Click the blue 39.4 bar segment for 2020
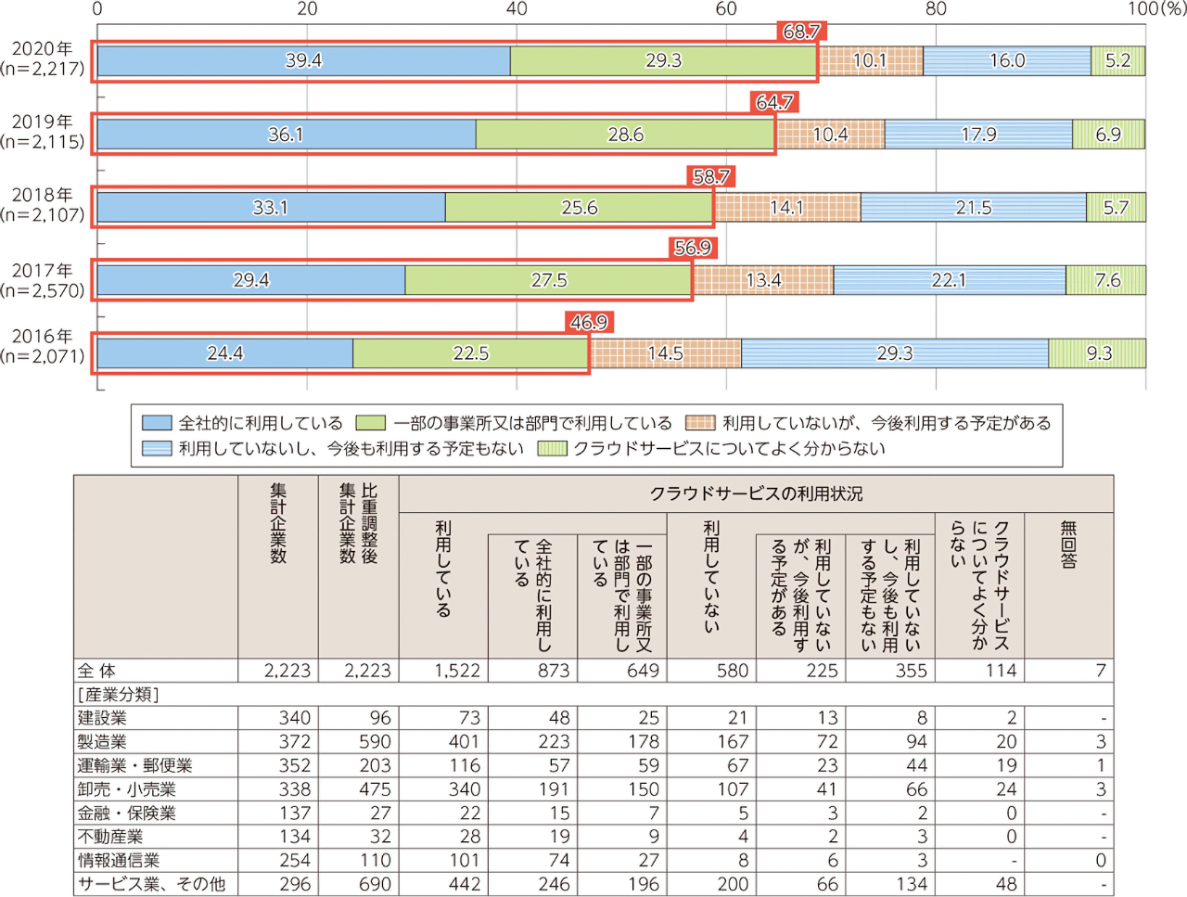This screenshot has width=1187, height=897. [303, 61]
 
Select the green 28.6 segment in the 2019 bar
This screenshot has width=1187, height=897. [625, 135]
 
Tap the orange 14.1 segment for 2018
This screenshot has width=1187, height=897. [786, 208]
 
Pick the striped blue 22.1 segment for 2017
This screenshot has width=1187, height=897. [949, 280]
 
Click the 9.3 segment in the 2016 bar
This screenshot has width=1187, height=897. [1099, 353]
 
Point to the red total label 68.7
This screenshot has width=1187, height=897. [801, 32]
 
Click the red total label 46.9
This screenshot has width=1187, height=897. [589, 323]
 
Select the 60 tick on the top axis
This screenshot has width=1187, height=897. [726, 9]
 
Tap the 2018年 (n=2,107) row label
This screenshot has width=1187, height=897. [43, 205]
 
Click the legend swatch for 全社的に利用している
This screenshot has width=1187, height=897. [157, 423]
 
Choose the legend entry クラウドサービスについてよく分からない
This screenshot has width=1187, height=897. [729, 449]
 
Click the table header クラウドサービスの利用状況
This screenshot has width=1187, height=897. [756, 494]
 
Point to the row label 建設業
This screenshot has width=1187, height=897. [102, 718]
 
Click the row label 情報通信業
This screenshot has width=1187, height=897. [119, 861]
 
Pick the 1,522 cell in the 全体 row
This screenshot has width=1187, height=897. [457, 671]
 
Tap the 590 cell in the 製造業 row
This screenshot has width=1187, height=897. [375, 742]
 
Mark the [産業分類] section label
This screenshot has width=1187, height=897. [118, 695]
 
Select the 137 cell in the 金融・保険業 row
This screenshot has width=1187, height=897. [295, 814]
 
